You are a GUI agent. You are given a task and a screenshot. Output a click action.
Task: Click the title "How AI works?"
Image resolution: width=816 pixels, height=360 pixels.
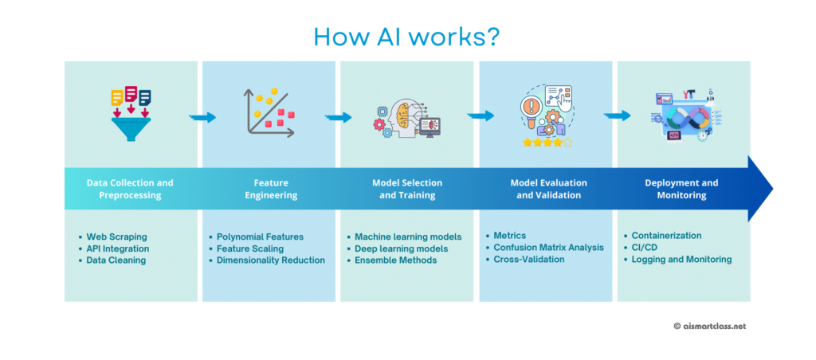pos(407,37)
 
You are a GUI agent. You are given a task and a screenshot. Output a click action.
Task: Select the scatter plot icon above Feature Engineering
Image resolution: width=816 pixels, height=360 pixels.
pos(269,113)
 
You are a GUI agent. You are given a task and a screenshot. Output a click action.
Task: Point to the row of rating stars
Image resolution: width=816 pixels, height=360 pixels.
pos(547,142)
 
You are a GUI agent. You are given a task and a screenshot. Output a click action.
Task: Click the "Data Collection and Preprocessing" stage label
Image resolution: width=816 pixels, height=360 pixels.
pos(130,190)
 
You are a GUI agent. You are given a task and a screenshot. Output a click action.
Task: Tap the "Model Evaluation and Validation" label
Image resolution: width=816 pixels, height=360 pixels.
pos(548,190)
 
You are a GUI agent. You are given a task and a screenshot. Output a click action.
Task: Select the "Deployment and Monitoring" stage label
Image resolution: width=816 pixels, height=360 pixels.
pos(682,190)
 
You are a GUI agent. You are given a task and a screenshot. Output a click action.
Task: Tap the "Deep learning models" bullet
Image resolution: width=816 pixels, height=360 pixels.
pos(402,248)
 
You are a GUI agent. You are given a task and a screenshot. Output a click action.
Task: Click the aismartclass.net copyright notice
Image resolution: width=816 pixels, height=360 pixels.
pos(710,327)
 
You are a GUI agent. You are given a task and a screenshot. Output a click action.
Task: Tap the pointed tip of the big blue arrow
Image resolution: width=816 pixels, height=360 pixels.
pos(773,188)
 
